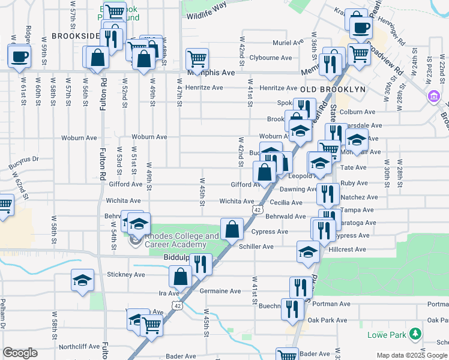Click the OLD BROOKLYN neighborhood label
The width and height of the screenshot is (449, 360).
point(333,89)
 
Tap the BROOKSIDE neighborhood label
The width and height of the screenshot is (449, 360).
point(75,36)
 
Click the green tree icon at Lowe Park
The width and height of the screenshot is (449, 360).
point(415,333)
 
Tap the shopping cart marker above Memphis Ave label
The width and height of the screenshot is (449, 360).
point(197,58)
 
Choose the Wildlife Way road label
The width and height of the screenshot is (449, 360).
point(206,5)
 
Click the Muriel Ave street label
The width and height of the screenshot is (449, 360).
point(288,43)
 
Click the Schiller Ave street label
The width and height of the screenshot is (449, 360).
point(256,247)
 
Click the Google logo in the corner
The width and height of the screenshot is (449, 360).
point(20,353)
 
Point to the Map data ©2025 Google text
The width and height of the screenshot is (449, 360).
point(411,355)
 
